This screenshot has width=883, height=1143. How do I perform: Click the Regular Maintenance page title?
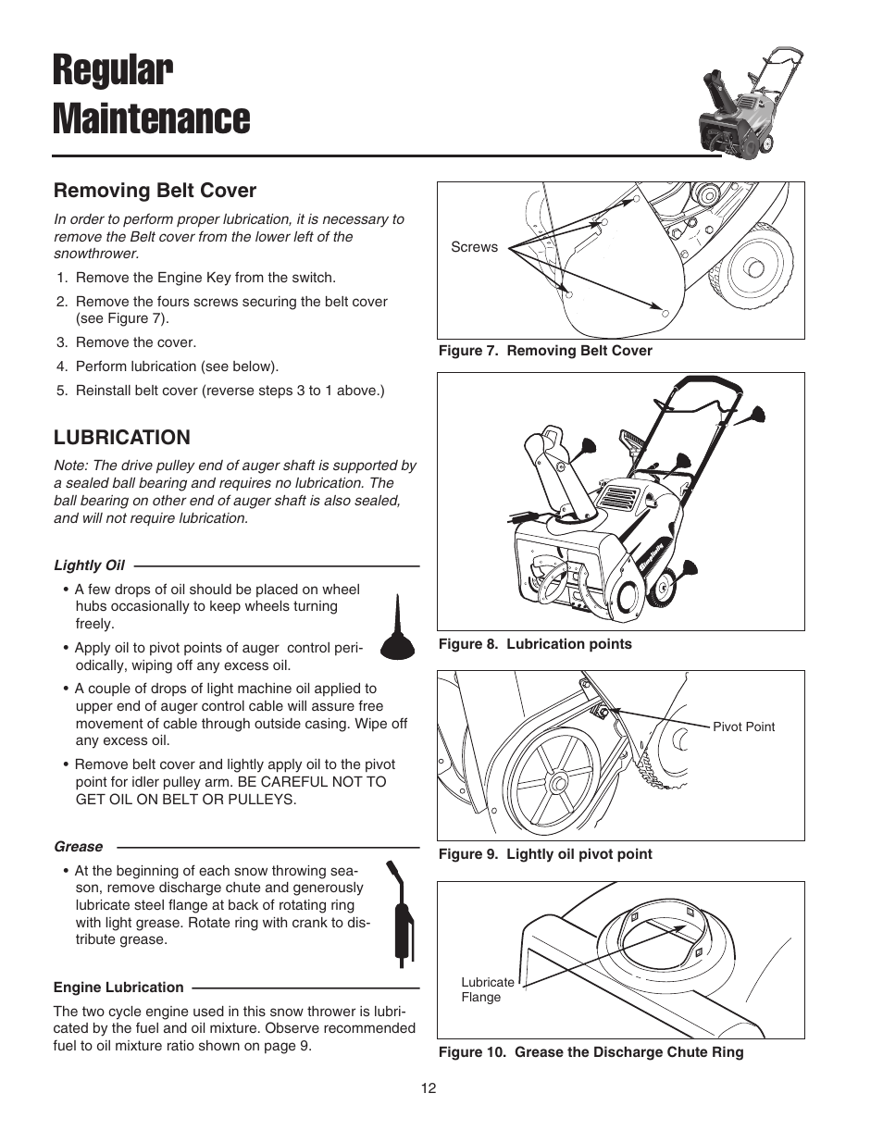(x=150, y=95)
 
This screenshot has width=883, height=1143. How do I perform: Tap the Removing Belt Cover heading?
(x=155, y=190)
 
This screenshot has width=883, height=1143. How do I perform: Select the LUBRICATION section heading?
(x=121, y=437)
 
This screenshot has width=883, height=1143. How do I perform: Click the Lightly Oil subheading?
(x=89, y=565)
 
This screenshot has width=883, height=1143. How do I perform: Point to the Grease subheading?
(x=78, y=846)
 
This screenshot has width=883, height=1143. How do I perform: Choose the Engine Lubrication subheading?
(x=118, y=987)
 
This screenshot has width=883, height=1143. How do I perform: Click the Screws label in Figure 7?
(x=474, y=247)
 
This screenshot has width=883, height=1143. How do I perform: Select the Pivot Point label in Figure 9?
(x=743, y=727)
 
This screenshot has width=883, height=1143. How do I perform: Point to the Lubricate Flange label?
(x=487, y=989)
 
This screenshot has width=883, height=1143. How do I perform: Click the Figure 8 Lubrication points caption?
(x=535, y=644)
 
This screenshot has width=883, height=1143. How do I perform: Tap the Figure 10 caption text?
(x=591, y=1052)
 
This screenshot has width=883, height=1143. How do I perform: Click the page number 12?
(x=428, y=1088)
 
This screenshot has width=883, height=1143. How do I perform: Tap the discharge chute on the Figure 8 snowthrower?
(x=553, y=472)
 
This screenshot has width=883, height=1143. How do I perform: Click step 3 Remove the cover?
(x=135, y=342)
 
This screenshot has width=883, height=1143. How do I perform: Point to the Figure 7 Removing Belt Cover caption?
(x=545, y=351)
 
